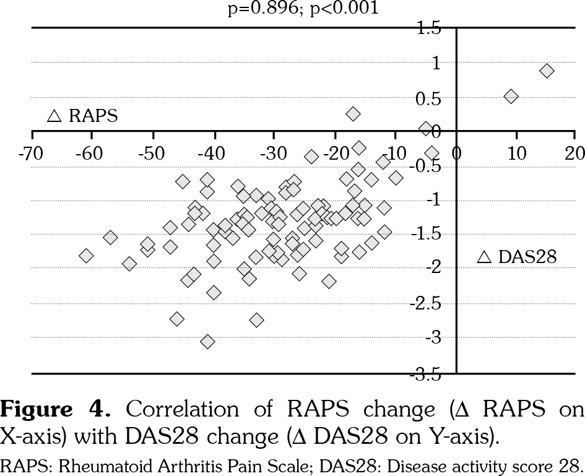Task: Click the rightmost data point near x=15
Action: [547, 71]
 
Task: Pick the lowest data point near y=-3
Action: [208, 342]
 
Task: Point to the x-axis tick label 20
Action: [575, 153]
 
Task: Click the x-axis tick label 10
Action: [516, 153]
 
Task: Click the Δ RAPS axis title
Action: [83, 116]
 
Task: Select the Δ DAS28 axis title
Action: [518, 257]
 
